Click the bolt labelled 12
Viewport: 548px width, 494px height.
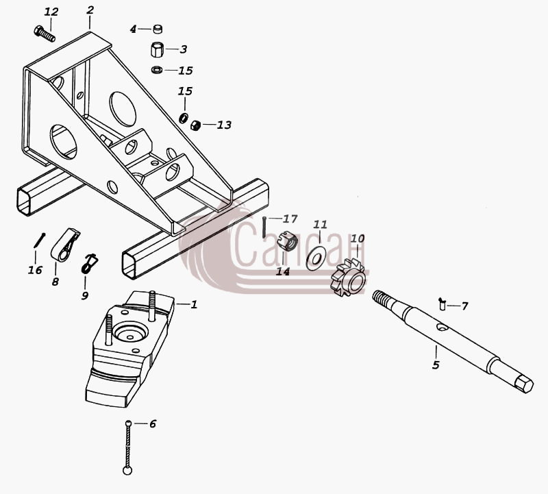pos(45,34)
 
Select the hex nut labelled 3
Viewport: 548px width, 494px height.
pos(157,49)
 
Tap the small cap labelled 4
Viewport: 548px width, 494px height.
pos(158,29)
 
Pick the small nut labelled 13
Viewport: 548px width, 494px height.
pos(195,125)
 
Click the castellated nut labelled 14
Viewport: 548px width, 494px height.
pos(287,240)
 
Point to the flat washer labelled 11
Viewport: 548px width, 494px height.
pos(316,258)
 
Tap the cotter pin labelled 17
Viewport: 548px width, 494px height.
pos(264,227)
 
